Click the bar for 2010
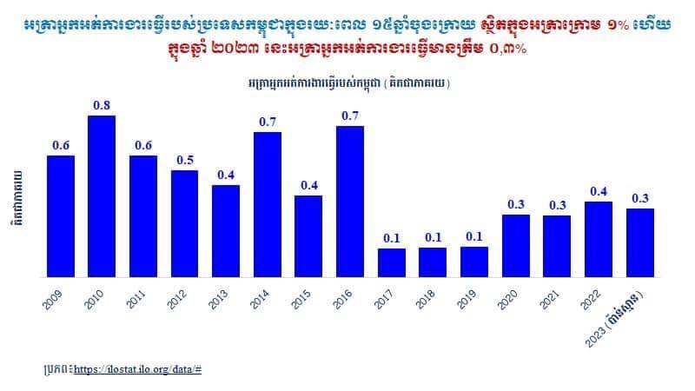point(102,196)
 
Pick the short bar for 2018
point(433,262)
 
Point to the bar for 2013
point(226,231)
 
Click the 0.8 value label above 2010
point(102,105)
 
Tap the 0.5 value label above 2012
point(184,160)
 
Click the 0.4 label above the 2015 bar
point(308,185)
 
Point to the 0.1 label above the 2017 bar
point(392,238)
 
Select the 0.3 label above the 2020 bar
point(516,204)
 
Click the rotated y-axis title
point(18,200)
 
